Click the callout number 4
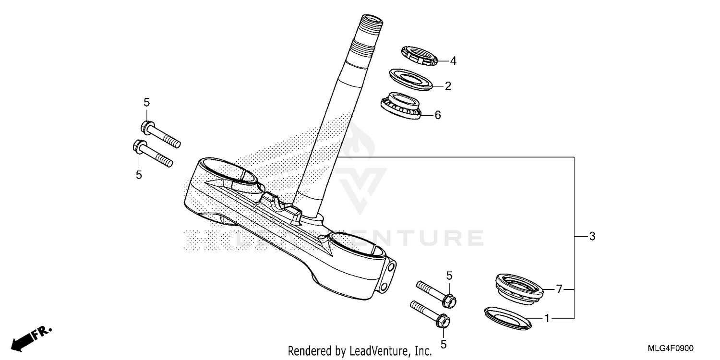(x=453, y=61)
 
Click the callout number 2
(x=448, y=86)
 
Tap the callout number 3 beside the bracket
(x=592, y=237)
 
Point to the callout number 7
(x=559, y=289)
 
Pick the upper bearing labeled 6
(x=401, y=107)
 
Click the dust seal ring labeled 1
(x=508, y=318)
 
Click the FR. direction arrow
(x=32, y=337)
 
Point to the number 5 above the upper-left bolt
(x=147, y=102)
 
